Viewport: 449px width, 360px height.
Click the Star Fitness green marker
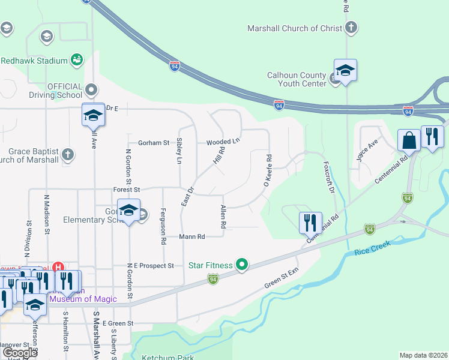tap(242, 264)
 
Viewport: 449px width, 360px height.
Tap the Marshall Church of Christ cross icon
tap(351, 28)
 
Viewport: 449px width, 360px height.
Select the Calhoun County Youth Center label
tap(297, 79)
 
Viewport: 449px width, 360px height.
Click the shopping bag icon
tap(409, 140)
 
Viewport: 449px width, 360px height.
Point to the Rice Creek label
tap(372, 247)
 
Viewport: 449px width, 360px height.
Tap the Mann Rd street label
tap(192, 237)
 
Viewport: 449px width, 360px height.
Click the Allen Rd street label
tap(223, 217)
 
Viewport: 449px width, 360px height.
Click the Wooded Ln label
tap(223, 142)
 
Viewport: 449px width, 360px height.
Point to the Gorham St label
tap(154, 143)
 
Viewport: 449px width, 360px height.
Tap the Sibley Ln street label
tap(179, 152)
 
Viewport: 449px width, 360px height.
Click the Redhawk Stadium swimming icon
tap(76, 59)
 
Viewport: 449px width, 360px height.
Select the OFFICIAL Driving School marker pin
tap(91, 90)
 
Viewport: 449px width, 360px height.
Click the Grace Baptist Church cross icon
tap(67, 154)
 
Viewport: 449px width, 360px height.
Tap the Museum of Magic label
tap(83, 299)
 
